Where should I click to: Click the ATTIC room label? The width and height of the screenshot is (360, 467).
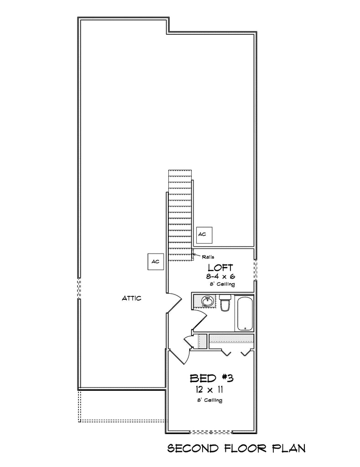coord(131,298)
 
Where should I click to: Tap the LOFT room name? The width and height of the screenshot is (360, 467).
coord(220,267)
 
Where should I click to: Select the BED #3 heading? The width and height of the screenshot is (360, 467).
coord(212,378)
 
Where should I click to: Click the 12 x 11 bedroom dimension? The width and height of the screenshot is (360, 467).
coord(210,389)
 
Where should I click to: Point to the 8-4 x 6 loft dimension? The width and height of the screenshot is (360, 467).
coord(220,276)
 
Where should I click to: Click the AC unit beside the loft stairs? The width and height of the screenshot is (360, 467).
coord(205,234)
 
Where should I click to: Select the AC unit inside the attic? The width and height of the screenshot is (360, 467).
coord(156,261)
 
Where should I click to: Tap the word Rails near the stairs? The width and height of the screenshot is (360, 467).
coord(208,257)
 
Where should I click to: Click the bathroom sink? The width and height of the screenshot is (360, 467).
coord(207,301)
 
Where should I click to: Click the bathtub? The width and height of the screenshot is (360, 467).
coord(245,313)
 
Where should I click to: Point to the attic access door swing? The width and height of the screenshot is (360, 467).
coord(174,303)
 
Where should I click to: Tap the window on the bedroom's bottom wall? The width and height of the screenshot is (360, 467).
coord(211,431)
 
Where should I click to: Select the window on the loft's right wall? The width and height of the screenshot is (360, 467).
coord(256,270)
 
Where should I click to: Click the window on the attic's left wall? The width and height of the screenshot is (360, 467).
coord(79,288)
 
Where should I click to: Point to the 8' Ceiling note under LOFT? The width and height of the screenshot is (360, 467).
coord(222,284)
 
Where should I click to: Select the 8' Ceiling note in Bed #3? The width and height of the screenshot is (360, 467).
coord(209,400)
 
